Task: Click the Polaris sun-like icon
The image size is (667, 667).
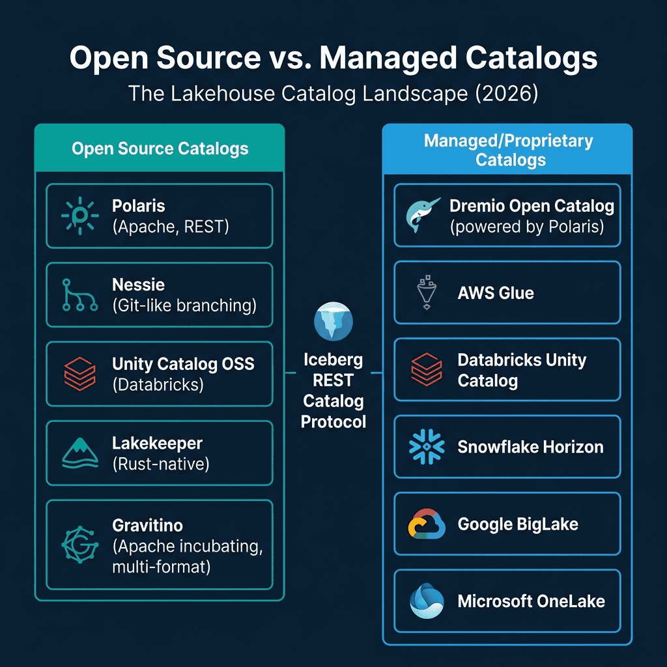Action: click(79, 216)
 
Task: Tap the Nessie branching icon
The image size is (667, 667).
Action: click(79, 294)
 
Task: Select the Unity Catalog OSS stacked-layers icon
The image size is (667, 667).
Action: click(79, 374)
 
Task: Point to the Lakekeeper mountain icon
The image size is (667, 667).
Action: click(79, 453)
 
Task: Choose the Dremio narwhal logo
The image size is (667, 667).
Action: click(422, 215)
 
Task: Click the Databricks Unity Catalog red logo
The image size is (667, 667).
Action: click(427, 369)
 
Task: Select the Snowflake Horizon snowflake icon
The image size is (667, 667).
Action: click(427, 447)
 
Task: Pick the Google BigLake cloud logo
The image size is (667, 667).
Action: click(427, 524)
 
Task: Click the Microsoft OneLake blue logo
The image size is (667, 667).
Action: click(427, 601)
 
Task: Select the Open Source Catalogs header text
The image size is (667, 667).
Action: click(160, 149)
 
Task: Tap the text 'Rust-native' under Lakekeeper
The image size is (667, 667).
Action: click(162, 464)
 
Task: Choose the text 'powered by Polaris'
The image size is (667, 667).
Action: click(527, 227)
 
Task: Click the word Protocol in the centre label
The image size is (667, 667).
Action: click(333, 421)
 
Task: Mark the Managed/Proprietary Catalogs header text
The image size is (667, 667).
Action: click(508, 150)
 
